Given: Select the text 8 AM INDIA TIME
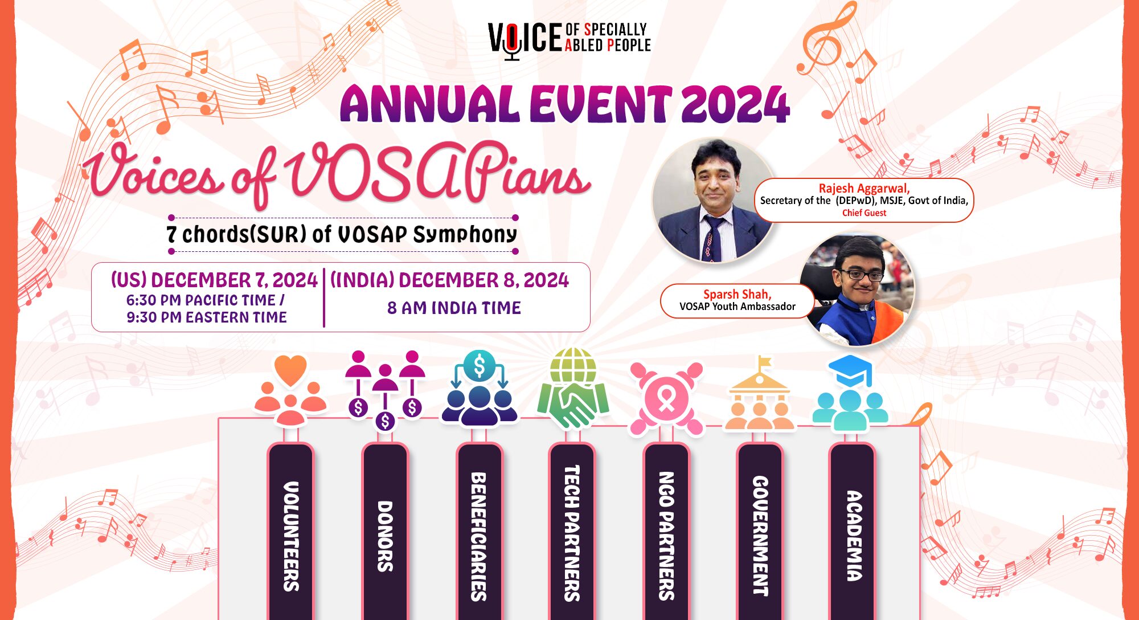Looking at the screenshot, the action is click(454, 308).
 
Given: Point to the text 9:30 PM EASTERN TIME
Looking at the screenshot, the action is click(207, 317).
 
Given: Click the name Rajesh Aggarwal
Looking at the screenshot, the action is click(864, 188).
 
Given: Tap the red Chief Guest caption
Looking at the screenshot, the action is click(864, 213).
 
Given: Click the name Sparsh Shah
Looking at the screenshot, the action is click(737, 294).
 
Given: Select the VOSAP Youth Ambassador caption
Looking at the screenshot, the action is click(737, 307).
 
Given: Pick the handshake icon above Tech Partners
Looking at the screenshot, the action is click(573, 406).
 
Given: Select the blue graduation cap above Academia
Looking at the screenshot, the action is click(850, 370).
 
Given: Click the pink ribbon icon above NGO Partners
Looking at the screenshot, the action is click(666, 399).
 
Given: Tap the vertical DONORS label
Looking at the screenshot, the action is click(385, 536).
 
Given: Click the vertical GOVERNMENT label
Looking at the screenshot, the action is click(760, 536).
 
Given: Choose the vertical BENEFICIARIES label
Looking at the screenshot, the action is click(479, 536).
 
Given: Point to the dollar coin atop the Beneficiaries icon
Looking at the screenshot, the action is click(480, 368).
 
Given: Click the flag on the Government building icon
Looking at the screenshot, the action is click(765, 362).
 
